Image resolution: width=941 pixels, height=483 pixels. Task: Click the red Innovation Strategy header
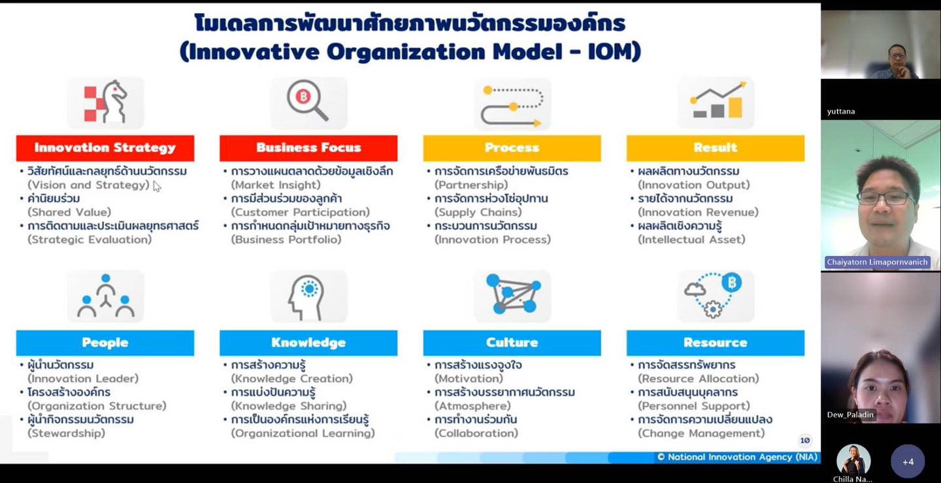tap(105, 148)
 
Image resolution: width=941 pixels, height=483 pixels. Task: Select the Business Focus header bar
tap(308, 148)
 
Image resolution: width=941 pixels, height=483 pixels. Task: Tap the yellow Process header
tap(512, 148)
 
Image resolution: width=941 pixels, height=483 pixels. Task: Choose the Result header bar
tap(716, 148)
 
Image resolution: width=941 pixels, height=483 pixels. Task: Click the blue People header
tap(105, 343)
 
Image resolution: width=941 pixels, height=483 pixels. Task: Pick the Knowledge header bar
tap(308, 343)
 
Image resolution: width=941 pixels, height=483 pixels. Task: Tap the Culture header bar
tap(512, 343)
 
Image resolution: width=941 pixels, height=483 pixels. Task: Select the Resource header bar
tap(716, 343)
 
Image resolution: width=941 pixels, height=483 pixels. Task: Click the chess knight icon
tap(105, 102)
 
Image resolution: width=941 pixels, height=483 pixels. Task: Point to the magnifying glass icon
tap(308, 101)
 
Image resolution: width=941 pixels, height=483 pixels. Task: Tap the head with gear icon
tap(306, 298)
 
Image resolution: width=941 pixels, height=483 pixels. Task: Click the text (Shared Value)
tap(69, 212)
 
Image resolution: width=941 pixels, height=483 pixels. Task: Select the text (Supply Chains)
tap(478, 212)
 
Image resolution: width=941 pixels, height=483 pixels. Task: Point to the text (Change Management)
tap(701, 433)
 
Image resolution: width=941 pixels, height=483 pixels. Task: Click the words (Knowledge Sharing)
tap(289, 406)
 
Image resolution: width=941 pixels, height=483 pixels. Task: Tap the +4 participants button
tap(908, 461)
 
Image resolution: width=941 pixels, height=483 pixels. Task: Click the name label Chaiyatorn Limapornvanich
tap(877, 262)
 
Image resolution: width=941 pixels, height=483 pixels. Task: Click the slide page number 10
tap(805, 440)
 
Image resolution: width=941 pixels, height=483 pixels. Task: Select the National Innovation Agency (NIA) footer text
tap(737, 457)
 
